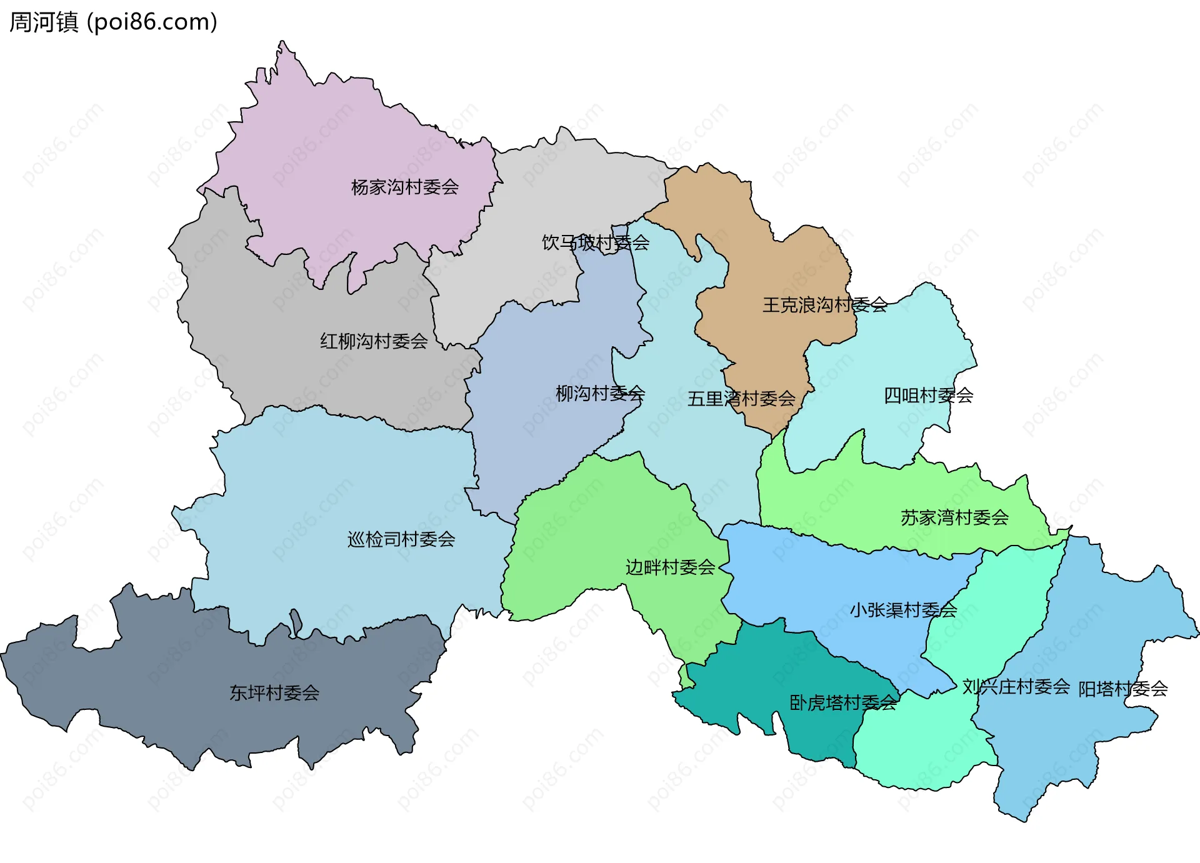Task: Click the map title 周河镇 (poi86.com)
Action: (113, 22)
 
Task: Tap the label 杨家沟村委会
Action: (404, 187)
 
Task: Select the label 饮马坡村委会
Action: (595, 242)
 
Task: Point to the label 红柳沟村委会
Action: (374, 341)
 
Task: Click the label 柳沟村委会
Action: (600, 394)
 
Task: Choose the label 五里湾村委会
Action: (741, 399)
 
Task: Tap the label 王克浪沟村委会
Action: (824, 305)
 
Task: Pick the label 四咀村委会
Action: (928, 396)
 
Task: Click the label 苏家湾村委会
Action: (954, 517)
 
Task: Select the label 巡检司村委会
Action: (401, 539)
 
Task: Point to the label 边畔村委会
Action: (670, 567)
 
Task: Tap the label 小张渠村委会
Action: (903, 610)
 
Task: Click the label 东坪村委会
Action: (274, 693)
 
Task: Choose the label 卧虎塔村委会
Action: (843, 703)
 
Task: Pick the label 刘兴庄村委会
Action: (1016, 687)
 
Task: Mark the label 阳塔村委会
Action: (1123, 689)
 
